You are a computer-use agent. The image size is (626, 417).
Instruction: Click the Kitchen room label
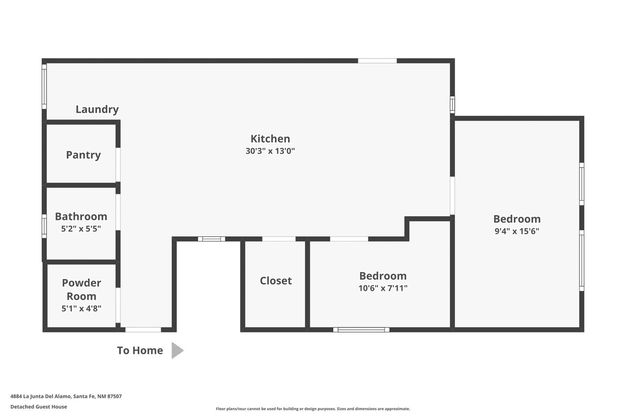coord(270,139)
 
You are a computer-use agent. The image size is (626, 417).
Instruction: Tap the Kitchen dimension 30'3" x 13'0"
coord(270,151)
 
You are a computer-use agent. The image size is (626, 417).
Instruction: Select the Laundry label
coord(97,109)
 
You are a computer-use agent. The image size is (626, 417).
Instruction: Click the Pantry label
coord(83,155)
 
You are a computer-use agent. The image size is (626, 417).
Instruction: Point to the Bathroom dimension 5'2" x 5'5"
coord(81,228)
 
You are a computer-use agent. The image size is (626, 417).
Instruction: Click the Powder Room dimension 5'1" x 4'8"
coord(81,308)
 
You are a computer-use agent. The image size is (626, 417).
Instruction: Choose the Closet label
coord(275,281)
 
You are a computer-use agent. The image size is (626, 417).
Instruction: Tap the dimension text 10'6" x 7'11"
coord(383,288)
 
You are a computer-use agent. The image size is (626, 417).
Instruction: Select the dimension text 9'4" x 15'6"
coord(517,231)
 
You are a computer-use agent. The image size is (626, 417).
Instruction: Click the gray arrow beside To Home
coord(177,350)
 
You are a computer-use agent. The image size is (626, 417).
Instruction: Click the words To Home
coord(140,350)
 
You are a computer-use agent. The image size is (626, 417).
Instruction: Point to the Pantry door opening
coord(118,165)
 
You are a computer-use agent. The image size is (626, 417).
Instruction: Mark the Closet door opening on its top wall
coord(279,239)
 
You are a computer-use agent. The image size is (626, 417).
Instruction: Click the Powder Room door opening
coord(118,305)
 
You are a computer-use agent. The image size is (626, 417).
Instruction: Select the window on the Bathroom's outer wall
coord(44,226)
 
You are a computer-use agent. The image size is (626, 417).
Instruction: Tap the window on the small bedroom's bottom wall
coord(361,330)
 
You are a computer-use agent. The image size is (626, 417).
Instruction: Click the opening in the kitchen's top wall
coord(377,61)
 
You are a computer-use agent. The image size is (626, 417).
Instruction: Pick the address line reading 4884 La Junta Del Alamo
coord(66,396)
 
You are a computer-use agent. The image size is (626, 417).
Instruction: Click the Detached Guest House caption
coord(38,407)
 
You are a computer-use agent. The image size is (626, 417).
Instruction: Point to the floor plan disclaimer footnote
coord(313,409)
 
